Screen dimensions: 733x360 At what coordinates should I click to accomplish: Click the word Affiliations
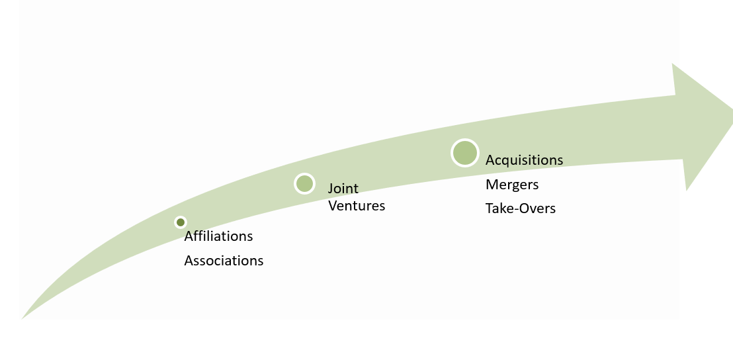tap(218, 236)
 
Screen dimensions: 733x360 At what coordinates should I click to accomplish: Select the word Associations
tap(224, 261)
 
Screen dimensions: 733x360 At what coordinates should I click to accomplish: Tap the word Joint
tap(343, 189)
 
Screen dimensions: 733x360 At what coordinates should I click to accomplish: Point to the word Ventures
tap(357, 206)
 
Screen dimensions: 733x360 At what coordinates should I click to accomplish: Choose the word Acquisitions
tap(524, 160)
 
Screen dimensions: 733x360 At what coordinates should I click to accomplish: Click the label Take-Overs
tap(520, 208)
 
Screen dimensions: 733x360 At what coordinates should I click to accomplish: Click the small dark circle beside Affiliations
tap(181, 222)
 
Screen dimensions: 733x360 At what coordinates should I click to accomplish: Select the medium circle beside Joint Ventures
tap(304, 183)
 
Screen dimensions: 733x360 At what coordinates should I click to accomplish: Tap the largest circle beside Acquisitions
tap(464, 153)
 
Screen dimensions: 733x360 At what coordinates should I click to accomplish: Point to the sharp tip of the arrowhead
tap(732, 111)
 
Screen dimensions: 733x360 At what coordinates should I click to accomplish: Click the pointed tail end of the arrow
tap(22, 320)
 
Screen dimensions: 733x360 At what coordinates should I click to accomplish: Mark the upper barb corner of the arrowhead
tap(672, 63)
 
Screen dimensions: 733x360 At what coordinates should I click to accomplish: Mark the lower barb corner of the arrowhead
tap(686, 191)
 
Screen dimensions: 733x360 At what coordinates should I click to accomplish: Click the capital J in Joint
tap(331, 189)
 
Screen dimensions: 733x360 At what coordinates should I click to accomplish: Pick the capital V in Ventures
tap(332, 206)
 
